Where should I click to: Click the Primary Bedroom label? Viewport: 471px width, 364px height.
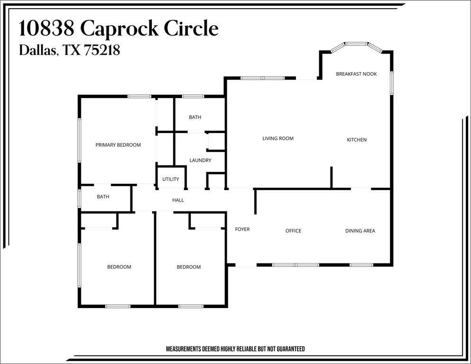[118, 145]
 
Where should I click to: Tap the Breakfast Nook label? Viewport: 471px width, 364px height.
[356, 74]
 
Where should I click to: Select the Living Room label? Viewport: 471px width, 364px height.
[278, 138]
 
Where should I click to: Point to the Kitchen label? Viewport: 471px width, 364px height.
[357, 140]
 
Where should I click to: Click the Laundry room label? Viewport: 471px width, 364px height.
[200, 160]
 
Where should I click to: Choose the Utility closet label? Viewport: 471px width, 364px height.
[171, 179]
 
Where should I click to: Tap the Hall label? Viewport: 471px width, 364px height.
[178, 200]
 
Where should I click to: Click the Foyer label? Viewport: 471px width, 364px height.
[242, 229]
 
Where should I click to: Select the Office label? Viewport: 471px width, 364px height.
[293, 231]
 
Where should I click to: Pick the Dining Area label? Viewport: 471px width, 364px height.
[360, 231]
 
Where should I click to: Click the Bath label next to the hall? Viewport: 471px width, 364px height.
[103, 197]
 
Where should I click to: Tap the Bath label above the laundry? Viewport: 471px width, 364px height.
[195, 117]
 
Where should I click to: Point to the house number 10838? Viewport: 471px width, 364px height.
[46, 29]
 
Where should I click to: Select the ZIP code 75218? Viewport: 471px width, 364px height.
[102, 50]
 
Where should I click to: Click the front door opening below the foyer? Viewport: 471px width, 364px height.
[246, 265]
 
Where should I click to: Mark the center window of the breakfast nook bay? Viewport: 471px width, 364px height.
[356, 44]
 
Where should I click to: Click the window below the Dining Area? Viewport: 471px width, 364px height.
[358, 265]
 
